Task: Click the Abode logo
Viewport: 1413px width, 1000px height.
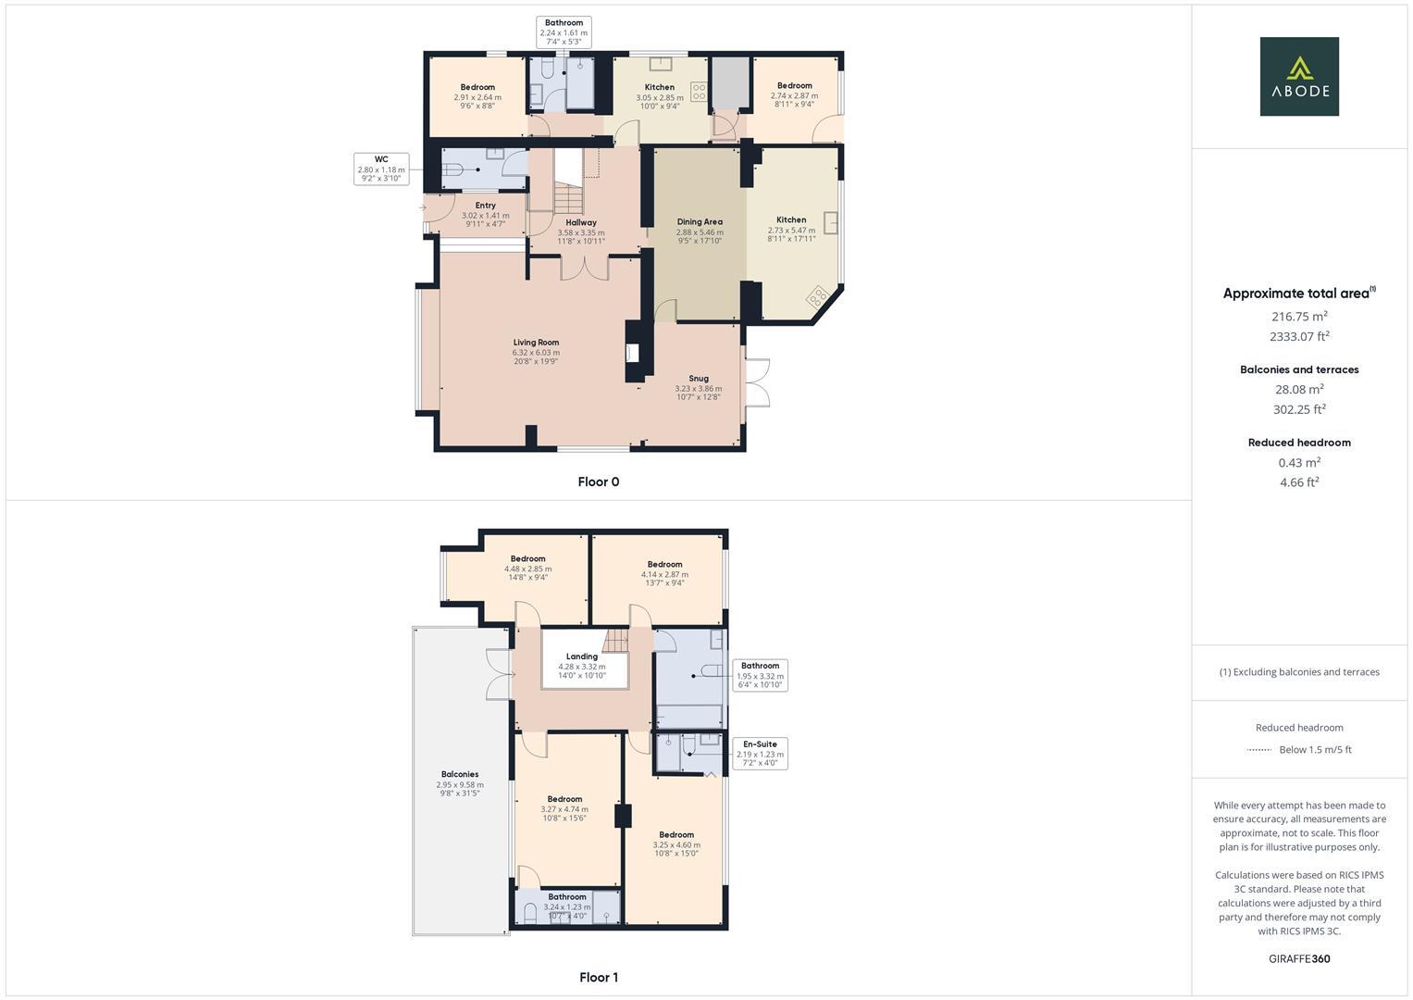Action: point(1298,76)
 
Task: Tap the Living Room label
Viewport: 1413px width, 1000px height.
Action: point(536,343)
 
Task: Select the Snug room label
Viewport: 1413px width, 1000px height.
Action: point(699,378)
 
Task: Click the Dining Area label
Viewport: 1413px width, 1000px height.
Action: point(700,222)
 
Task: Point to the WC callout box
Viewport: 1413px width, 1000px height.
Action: point(381,169)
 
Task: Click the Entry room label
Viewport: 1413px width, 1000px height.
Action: point(485,206)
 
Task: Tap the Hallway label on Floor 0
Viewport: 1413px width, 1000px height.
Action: point(581,223)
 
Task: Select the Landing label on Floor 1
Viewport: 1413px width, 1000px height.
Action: point(582,656)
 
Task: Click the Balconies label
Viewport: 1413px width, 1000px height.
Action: point(460,774)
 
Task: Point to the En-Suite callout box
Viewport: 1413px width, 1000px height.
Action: point(760,754)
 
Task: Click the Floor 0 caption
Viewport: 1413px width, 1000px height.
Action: point(598,481)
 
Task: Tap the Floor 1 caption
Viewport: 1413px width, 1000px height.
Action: point(598,977)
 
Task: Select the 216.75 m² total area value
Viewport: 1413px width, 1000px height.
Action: point(1299,316)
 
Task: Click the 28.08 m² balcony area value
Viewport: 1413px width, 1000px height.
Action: point(1299,389)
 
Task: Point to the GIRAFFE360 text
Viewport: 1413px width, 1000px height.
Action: point(1299,958)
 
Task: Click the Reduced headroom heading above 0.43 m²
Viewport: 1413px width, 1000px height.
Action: point(1299,443)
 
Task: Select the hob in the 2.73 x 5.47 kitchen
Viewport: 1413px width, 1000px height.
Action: point(818,297)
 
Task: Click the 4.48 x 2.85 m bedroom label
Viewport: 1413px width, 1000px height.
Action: point(527,559)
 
